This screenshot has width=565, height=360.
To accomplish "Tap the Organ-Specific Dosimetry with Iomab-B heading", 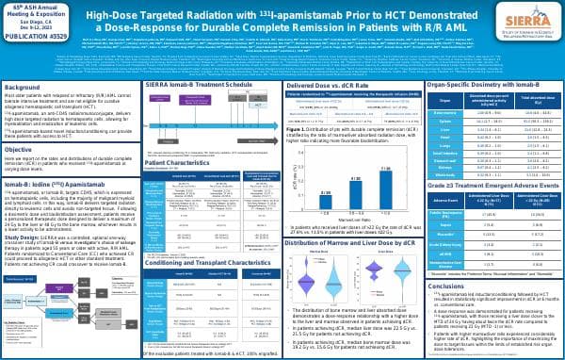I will pos(488,86).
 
